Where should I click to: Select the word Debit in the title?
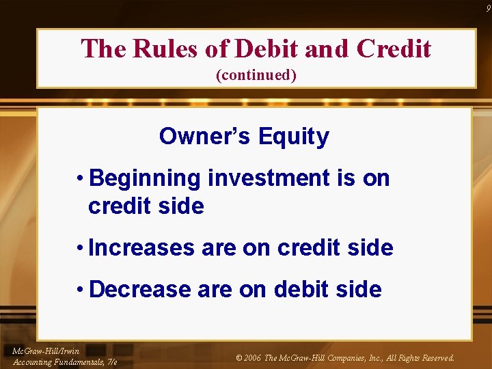coord(266,49)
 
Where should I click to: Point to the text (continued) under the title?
coord(256,75)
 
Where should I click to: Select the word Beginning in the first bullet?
coord(145,179)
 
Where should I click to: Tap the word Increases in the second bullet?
coord(141,248)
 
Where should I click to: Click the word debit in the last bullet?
coord(299,289)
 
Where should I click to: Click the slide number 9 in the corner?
coord(487,7)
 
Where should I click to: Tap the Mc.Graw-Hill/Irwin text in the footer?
coord(45,351)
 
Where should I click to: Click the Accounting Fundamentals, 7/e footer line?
coord(65,362)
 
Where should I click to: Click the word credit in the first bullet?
coord(118,206)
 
